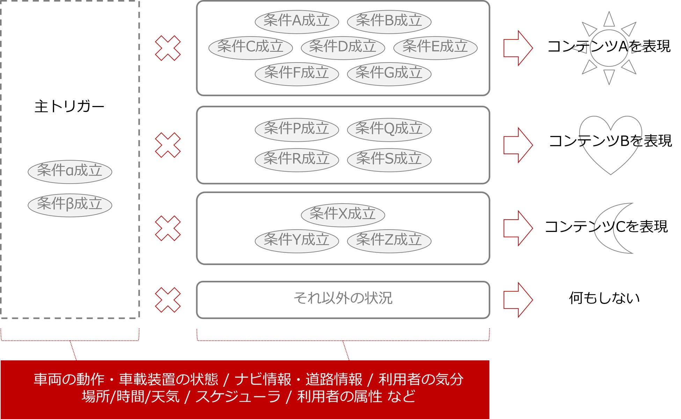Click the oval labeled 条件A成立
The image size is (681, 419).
(296, 21)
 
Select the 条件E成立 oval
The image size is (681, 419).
(435, 47)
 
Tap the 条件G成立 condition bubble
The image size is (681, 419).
(389, 73)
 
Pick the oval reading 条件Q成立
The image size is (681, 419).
(389, 129)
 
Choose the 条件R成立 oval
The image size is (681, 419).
(296, 159)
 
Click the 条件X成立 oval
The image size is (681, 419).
(343, 214)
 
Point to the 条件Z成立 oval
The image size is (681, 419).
(389, 241)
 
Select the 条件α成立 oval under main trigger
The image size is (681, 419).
(69, 171)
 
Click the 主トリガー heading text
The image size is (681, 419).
(69, 106)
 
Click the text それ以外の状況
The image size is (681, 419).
(343, 298)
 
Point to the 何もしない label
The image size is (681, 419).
(604, 298)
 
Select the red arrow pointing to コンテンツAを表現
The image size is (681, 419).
(518, 48)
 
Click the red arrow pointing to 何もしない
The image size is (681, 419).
(518, 300)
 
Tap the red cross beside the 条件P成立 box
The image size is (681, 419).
(168, 145)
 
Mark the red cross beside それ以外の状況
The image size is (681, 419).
(168, 300)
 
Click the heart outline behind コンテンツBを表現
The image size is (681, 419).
(610, 161)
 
